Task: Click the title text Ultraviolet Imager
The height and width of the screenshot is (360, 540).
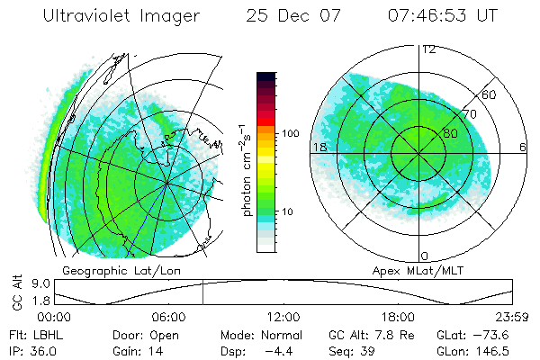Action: click(121, 17)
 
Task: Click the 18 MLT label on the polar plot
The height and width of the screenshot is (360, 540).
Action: click(318, 146)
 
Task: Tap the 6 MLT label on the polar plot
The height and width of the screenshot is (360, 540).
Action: click(523, 147)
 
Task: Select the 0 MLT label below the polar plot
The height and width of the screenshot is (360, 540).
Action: click(425, 256)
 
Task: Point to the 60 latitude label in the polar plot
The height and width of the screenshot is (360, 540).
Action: click(490, 94)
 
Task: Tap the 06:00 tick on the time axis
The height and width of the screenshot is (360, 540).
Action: click(168, 317)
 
